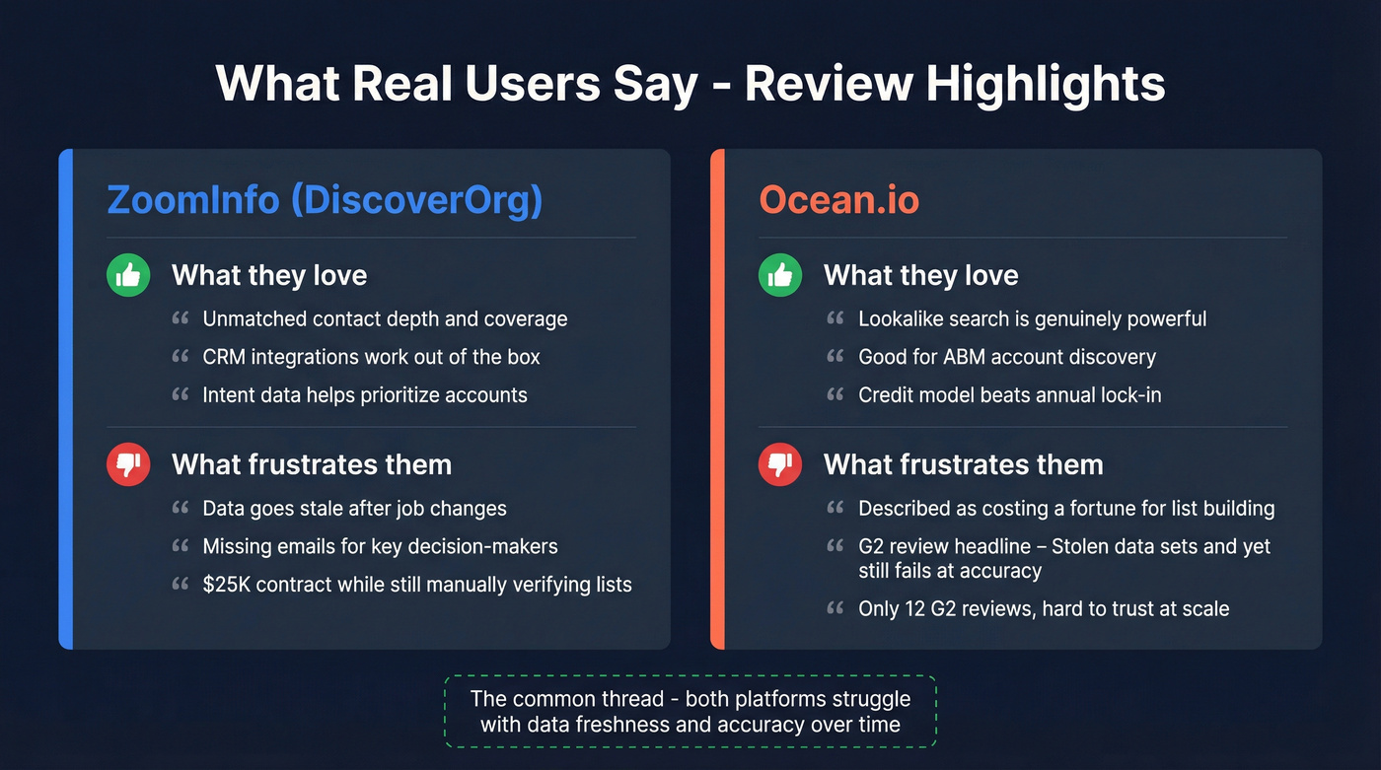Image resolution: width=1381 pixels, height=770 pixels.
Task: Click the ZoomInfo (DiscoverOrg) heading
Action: tap(325, 200)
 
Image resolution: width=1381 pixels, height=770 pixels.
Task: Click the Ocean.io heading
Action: tap(838, 200)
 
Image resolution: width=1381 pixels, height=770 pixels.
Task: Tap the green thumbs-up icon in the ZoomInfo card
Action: tap(128, 275)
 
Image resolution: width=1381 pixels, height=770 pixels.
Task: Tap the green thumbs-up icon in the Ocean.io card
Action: tap(780, 275)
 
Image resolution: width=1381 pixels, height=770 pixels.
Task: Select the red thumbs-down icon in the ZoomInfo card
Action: tap(128, 464)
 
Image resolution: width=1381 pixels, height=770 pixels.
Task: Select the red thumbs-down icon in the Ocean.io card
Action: tap(780, 464)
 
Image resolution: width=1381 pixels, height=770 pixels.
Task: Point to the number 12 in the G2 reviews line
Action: tap(915, 608)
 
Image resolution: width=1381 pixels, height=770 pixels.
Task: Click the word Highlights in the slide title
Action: tap(1046, 83)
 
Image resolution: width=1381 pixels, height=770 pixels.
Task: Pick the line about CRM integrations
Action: tap(371, 357)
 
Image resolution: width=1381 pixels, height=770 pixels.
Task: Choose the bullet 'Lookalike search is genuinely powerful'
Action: tap(1032, 318)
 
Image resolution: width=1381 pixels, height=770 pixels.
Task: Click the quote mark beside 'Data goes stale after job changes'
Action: tap(180, 509)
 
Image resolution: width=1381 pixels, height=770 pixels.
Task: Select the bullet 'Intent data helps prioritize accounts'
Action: tap(364, 394)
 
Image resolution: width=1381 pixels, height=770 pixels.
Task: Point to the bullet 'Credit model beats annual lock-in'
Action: tap(1009, 394)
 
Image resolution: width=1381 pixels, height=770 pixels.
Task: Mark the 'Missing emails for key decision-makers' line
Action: tap(380, 546)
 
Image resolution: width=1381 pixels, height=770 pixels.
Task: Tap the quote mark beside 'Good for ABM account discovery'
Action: tap(836, 357)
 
